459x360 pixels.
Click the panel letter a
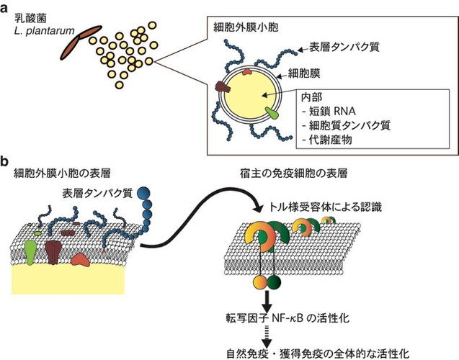point(4,9)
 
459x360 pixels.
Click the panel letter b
point(4,162)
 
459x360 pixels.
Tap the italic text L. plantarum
point(44,31)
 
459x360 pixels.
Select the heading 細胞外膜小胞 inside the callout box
point(246,27)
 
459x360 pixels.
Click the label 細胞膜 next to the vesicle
point(304,73)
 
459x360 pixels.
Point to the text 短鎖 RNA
point(333,111)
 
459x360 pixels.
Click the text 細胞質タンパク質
point(349,125)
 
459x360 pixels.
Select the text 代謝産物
point(331,140)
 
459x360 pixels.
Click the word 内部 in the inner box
point(312,97)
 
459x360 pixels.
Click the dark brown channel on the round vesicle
point(223,86)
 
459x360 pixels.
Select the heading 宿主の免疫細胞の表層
point(293,174)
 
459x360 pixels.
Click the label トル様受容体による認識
point(326,207)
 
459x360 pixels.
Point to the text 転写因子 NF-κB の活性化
point(288,318)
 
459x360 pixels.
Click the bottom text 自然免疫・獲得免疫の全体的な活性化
point(318,354)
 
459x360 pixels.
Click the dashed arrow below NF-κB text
point(267,336)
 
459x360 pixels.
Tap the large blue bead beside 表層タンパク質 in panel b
point(143,193)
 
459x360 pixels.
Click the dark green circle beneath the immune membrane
point(274,282)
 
